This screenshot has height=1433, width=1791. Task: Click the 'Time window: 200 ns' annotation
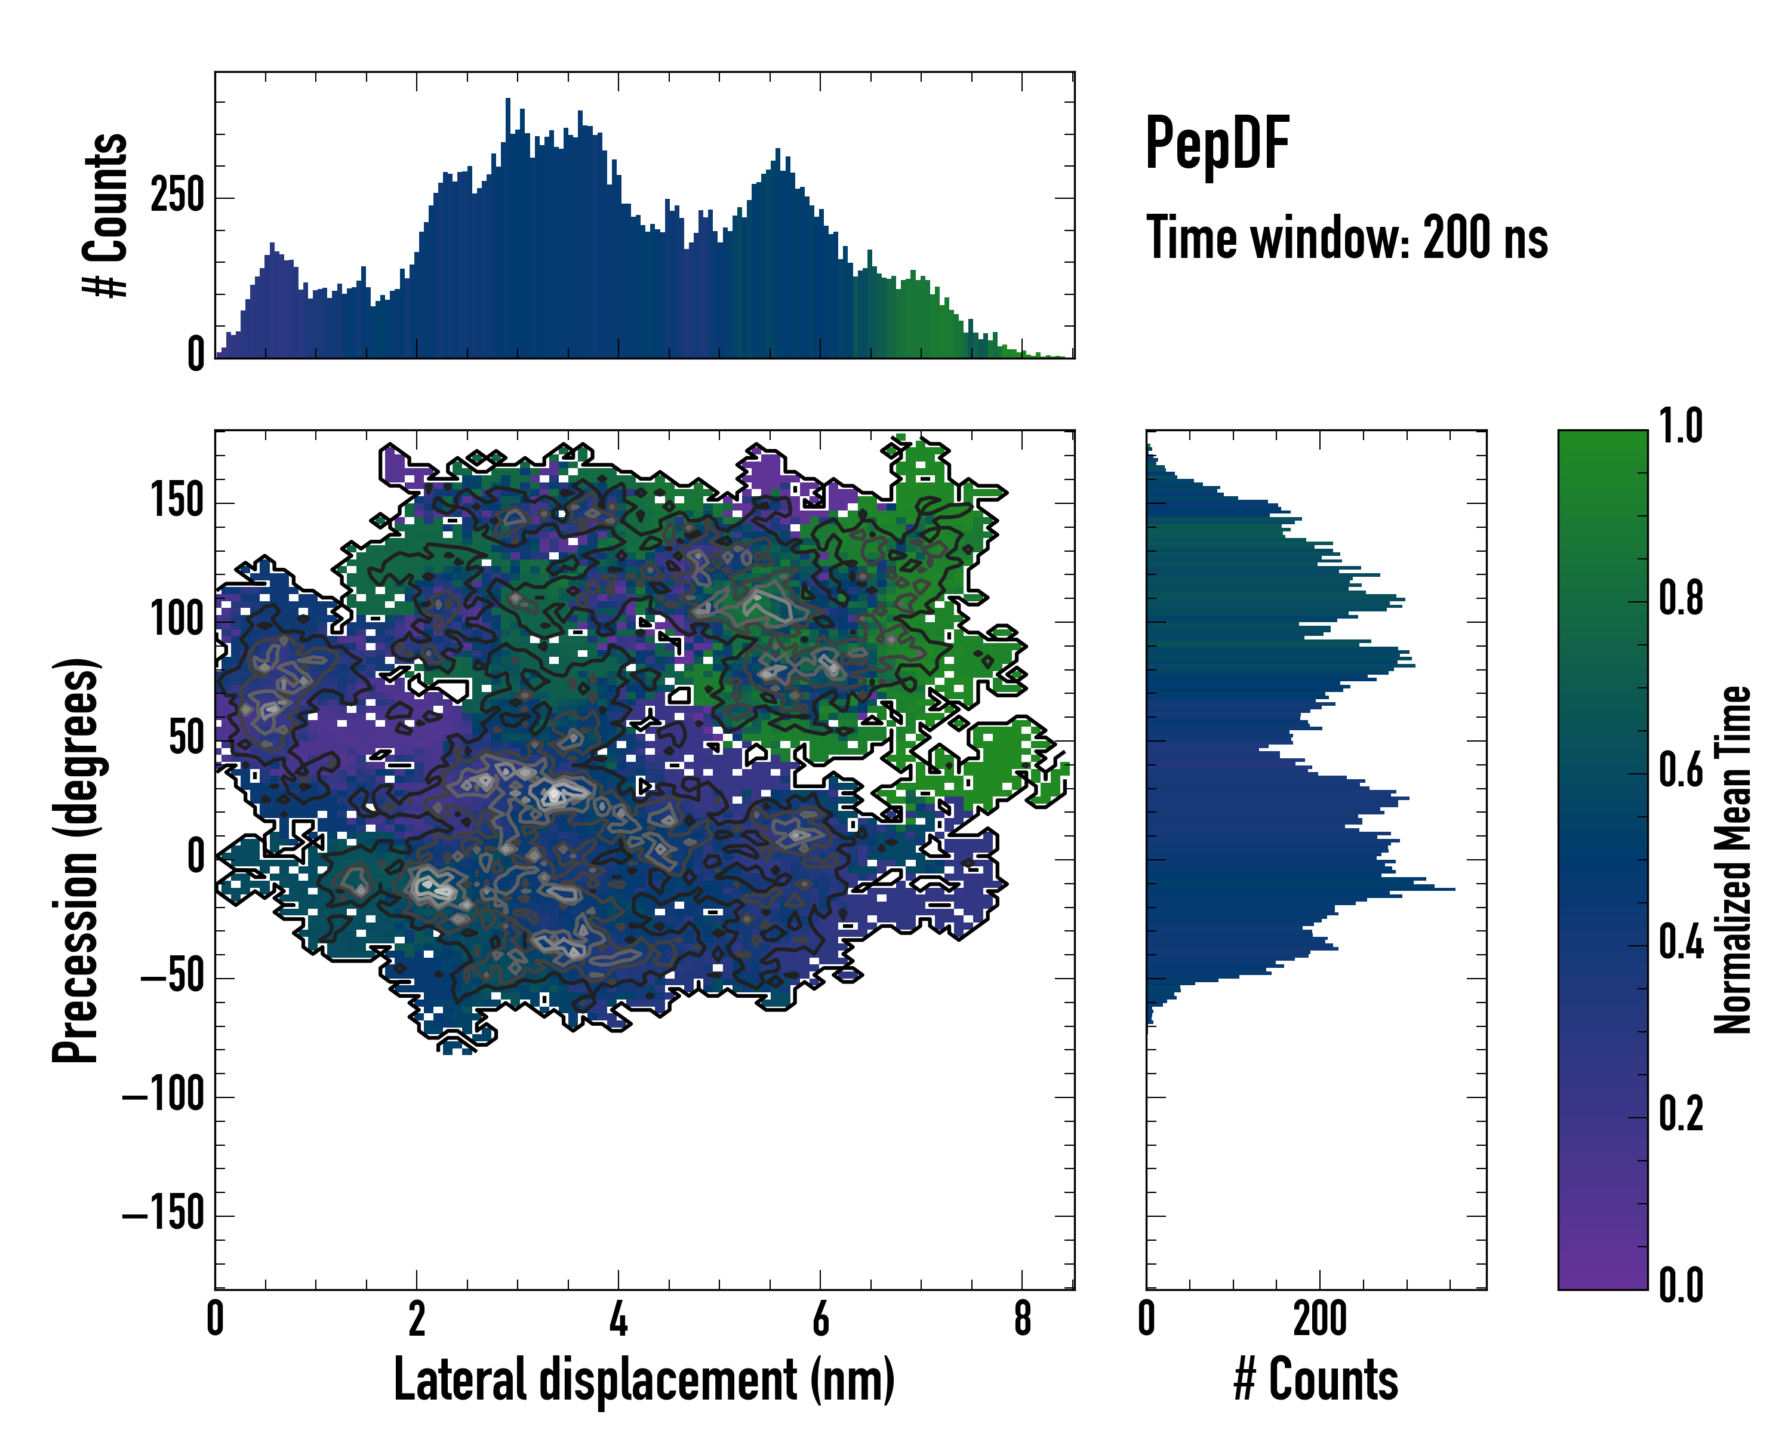(1347, 238)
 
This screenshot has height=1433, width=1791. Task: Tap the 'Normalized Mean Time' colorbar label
(1733, 860)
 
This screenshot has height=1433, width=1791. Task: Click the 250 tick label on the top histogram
(177, 197)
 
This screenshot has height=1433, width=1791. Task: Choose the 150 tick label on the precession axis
(177, 501)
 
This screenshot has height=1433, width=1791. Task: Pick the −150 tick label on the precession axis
(164, 1214)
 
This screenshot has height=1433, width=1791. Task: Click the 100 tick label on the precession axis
(177, 620)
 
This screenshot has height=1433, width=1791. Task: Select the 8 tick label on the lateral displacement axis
(1023, 1319)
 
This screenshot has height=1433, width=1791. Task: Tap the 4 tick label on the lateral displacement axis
(618, 1319)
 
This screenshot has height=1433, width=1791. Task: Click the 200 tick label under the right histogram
(1319, 1319)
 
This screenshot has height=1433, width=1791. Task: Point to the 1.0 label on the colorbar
(1681, 427)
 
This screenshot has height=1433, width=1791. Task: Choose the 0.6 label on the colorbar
(1681, 771)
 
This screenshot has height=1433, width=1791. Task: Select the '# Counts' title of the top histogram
(106, 214)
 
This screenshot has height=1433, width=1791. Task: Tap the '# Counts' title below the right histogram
(1316, 1379)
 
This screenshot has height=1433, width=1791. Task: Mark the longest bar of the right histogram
(1300, 890)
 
